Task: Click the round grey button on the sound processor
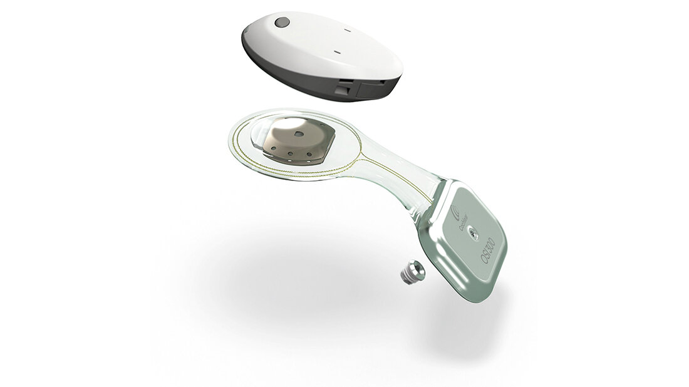[x=282, y=22]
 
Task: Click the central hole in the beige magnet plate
[x=298, y=133]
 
